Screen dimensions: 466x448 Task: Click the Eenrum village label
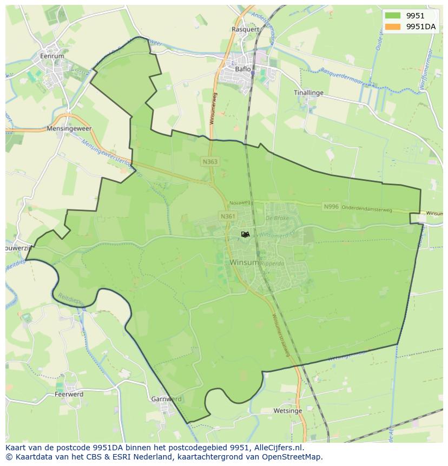coord(52,56)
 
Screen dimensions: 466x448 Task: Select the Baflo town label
coord(243,69)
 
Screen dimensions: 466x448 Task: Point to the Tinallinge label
coord(308,93)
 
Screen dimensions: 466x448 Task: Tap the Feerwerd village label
coord(69,395)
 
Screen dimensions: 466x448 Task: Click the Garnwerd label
coord(166,399)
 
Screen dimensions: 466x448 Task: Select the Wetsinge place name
coord(288,411)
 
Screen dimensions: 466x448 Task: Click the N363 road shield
coord(210,162)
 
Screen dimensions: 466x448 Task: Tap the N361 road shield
coord(228,216)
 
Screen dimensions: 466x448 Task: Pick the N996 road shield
coord(331,207)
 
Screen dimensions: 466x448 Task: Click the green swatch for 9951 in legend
coord(393,16)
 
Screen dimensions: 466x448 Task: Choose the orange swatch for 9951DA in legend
coord(393,26)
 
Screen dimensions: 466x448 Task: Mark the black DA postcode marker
coord(245,234)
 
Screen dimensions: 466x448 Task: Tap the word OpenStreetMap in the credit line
coord(295,457)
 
